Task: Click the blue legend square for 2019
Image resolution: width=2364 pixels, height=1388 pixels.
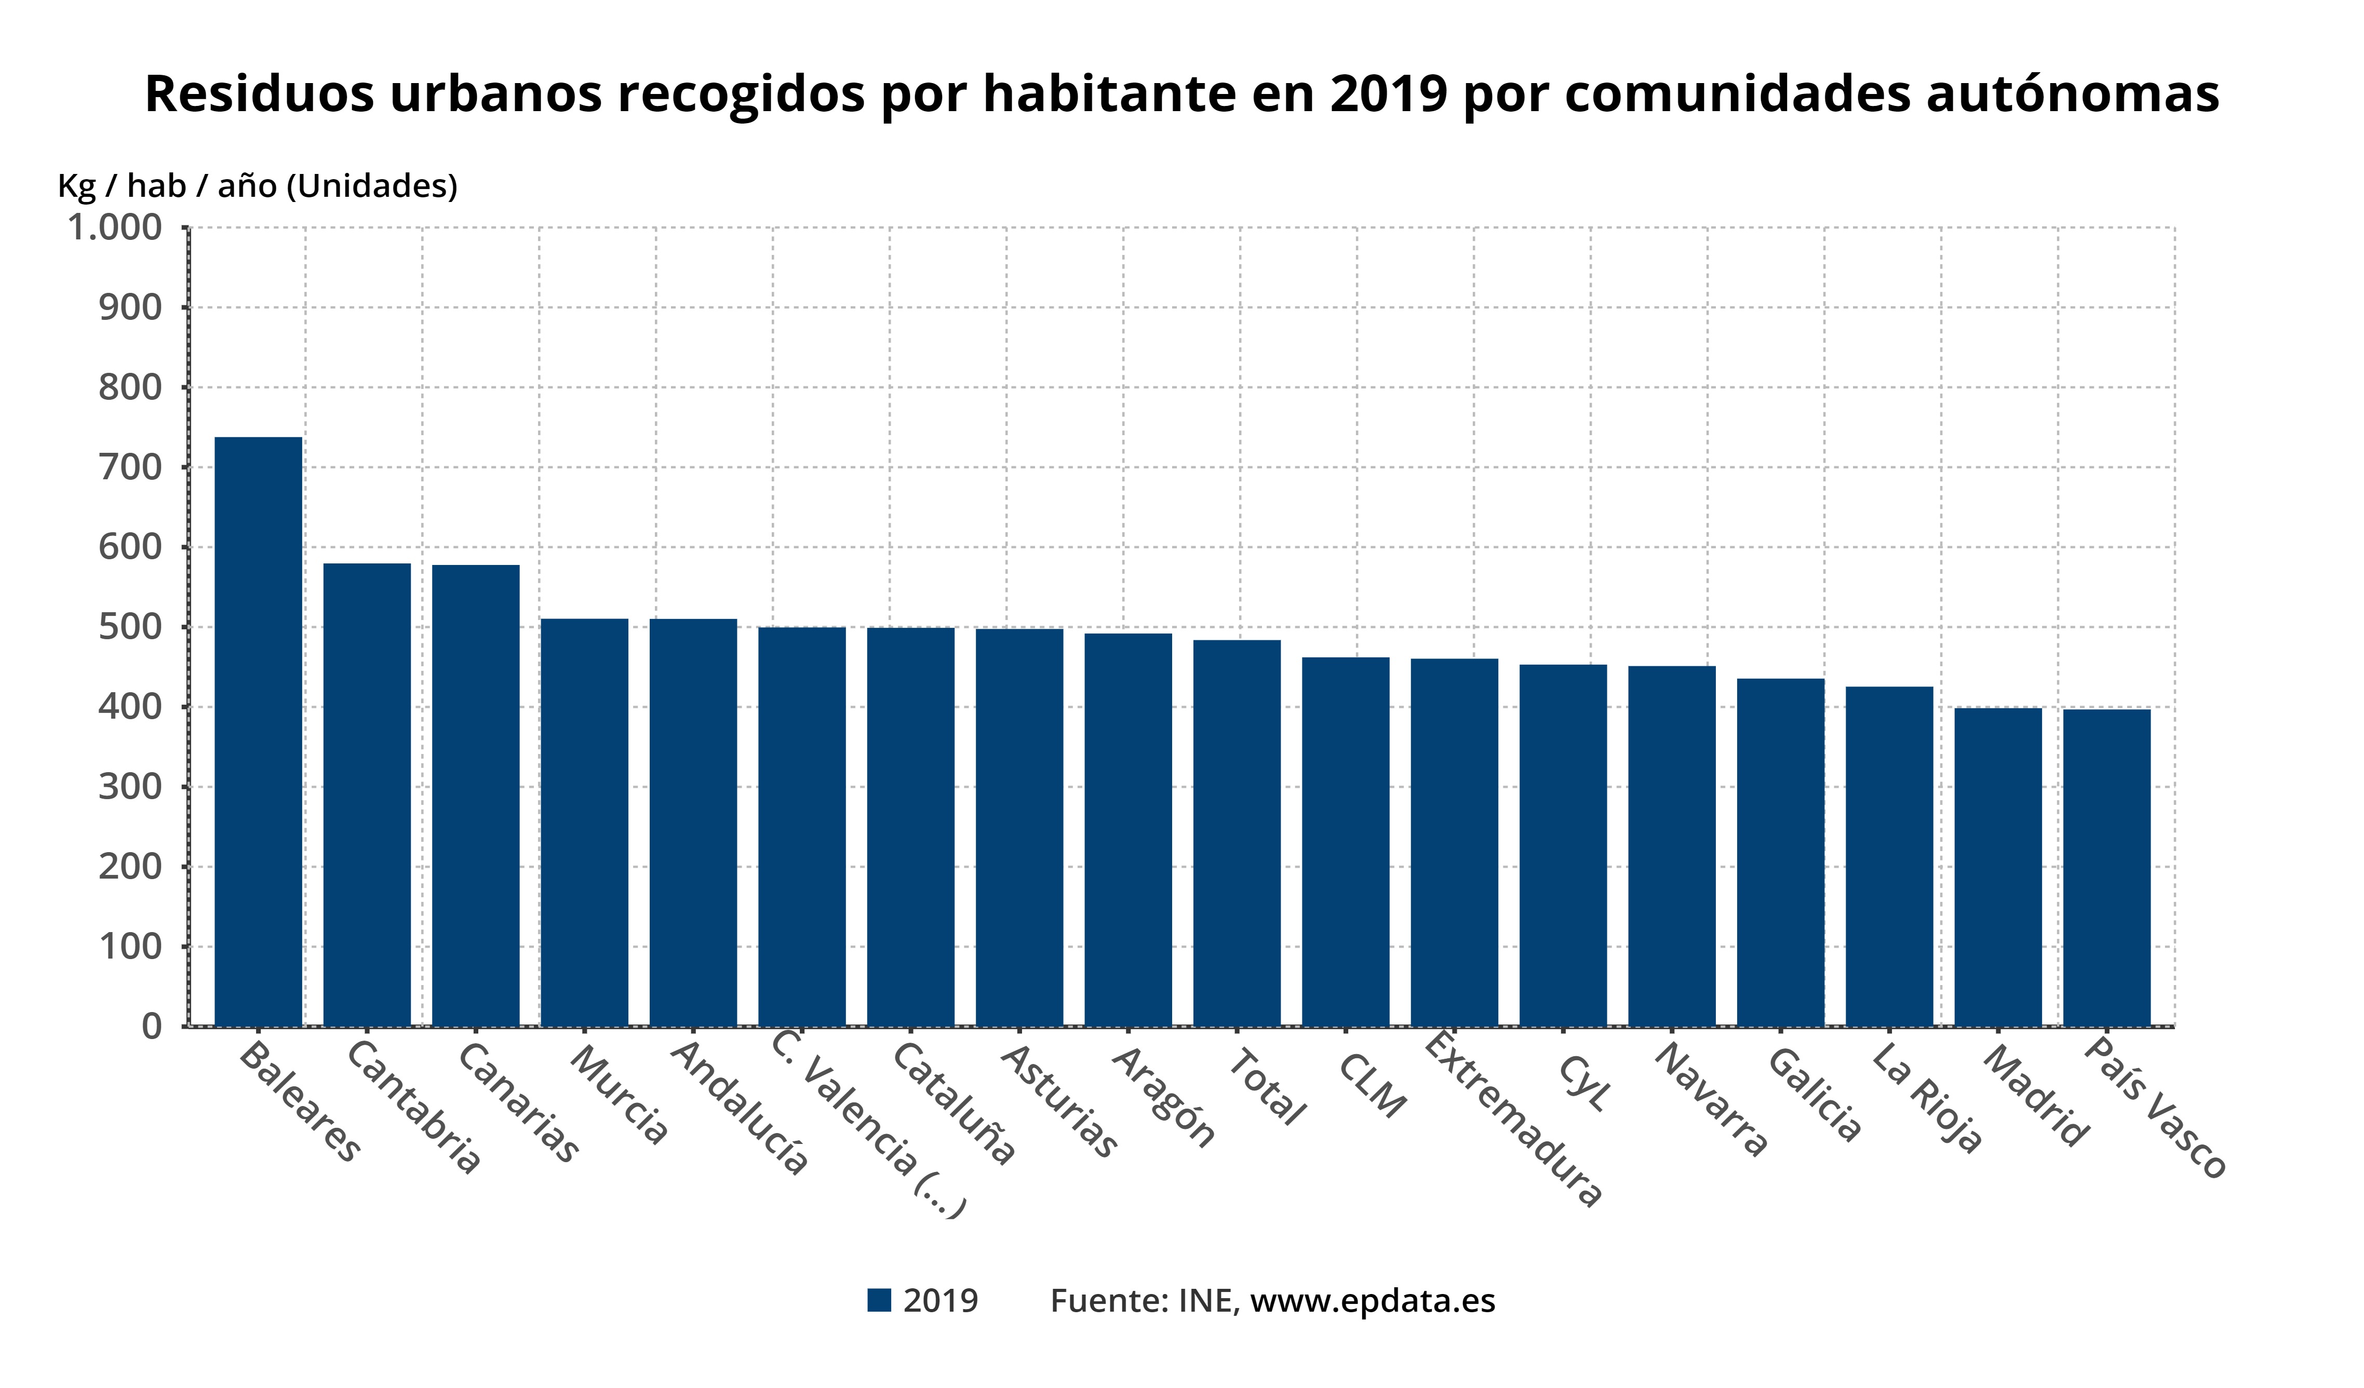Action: [x=879, y=1301]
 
